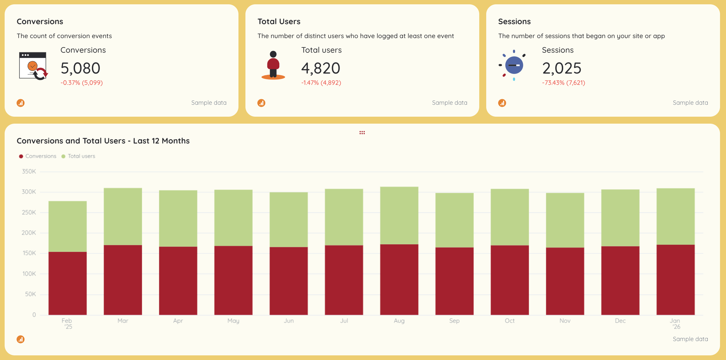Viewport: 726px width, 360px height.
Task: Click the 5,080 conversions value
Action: (80, 68)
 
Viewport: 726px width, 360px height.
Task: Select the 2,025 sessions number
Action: (561, 68)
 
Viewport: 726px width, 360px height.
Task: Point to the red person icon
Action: (273, 65)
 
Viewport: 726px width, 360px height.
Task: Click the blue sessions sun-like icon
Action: (513, 65)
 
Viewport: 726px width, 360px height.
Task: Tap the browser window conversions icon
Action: (33, 66)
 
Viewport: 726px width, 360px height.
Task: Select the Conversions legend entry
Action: (37, 156)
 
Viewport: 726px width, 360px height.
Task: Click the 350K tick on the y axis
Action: (29, 171)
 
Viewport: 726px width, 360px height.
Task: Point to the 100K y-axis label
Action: (29, 274)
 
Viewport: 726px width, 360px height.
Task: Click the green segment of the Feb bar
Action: (68, 226)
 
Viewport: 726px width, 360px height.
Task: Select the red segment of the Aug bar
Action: (399, 279)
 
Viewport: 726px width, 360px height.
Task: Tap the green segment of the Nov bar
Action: (565, 220)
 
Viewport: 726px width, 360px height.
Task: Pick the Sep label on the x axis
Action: (454, 321)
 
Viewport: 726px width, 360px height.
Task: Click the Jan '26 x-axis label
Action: (675, 324)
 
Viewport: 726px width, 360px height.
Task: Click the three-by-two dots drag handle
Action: (362, 133)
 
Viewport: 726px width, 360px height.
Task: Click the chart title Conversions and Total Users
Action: (103, 141)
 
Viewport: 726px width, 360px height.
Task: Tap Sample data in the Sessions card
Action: (690, 103)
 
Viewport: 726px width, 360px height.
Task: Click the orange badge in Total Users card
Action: (261, 103)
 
